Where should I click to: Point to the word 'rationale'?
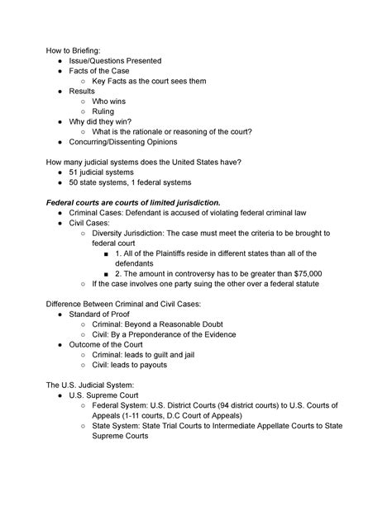[159, 132]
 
